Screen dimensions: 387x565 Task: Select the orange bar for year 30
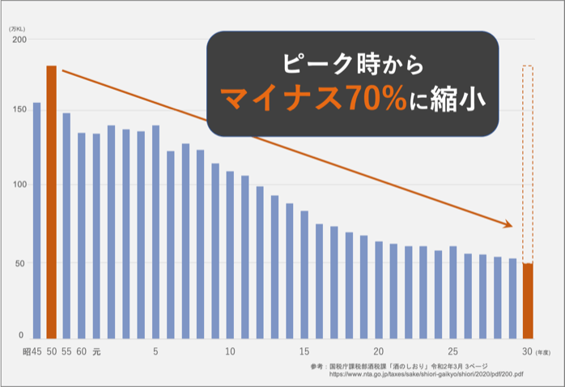pyautogui.click(x=528, y=300)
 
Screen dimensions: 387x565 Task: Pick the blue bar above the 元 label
pyautogui.click(x=96, y=235)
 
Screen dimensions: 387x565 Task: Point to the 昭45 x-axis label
pyautogui.click(x=32, y=352)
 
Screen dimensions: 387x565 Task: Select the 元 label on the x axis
pyautogui.click(x=96, y=352)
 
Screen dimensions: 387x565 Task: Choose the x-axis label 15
pyautogui.click(x=304, y=352)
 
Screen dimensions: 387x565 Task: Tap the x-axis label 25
pyautogui.click(x=453, y=352)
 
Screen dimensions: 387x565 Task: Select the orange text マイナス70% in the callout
pyautogui.click(x=325, y=99)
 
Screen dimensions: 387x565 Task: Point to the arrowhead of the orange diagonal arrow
pyautogui.click(x=510, y=224)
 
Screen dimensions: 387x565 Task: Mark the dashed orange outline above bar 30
pyautogui.click(x=528, y=162)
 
